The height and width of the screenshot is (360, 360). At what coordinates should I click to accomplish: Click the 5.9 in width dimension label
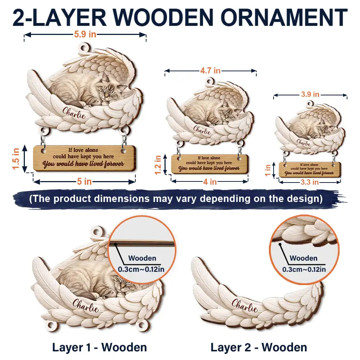click(x=85, y=35)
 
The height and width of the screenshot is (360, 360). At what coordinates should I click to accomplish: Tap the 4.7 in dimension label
click(x=210, y=71)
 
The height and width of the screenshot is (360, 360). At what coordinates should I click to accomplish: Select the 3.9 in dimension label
click(x=310, y=94)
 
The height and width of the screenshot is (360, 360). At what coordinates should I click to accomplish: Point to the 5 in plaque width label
click(x=84, y=181)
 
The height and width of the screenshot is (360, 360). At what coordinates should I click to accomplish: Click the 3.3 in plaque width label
click(x=310, y=182)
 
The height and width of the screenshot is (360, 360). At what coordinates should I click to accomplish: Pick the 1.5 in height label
click(x=16, y=159)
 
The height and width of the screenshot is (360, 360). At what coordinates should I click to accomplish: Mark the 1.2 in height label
click(x=158, y=165)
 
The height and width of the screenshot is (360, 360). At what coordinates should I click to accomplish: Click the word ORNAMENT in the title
click(x=284, y=18)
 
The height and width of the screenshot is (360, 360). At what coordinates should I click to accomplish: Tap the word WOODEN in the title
click(x=163, y=18)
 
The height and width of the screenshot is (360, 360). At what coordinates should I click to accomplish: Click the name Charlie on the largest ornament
click(x=74, y=113)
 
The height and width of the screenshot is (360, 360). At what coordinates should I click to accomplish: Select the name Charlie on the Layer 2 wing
click(x=244, y=306)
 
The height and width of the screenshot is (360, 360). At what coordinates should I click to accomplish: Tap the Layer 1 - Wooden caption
click(x=99, y=347)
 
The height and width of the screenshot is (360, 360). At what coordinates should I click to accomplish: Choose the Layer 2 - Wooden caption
click(x=259, y=347)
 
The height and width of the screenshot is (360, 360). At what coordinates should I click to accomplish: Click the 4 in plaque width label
click(x=210, y=182)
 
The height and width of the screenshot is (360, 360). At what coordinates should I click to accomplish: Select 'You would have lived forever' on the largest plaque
click(x=83, y=164)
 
